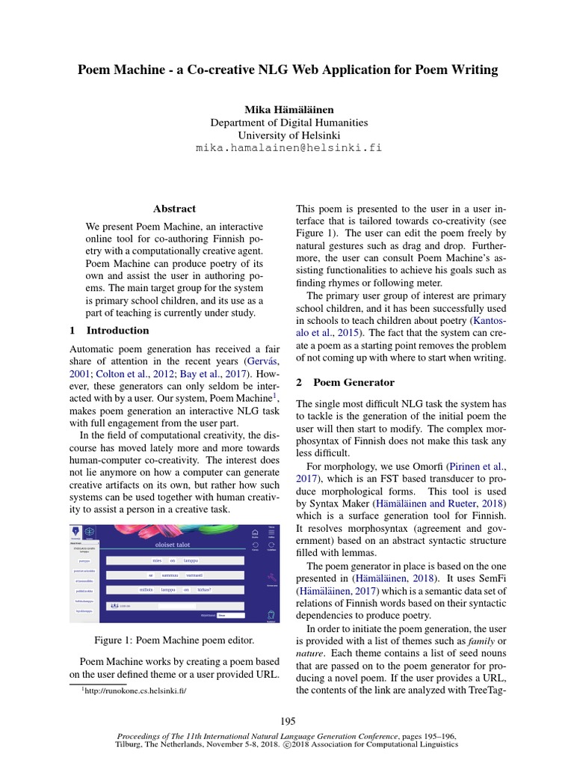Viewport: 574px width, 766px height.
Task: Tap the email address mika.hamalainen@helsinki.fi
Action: point(288,148)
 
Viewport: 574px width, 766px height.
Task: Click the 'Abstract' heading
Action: point(174,209)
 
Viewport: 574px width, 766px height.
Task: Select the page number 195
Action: point(288,721)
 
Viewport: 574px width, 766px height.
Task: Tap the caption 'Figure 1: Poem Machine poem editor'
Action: point(174,640)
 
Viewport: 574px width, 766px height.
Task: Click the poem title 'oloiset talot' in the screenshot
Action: point(163,545)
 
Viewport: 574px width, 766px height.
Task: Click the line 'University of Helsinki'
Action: point(288,135)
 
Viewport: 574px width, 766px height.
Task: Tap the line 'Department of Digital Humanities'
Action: point(288,123)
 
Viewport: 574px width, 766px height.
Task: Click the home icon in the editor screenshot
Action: point(255,531)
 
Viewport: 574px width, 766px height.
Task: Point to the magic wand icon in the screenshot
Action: point(271,577)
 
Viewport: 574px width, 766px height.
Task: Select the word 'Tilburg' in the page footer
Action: point(132,745)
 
